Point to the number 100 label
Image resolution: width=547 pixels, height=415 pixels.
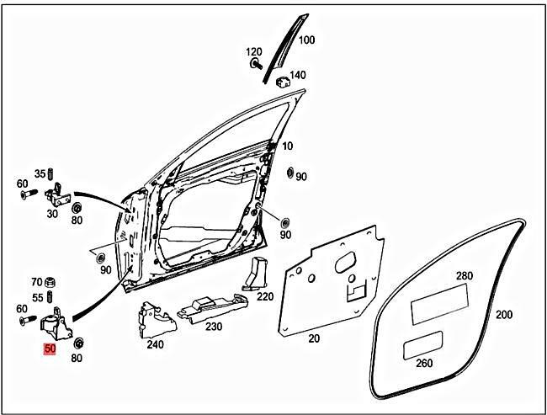(306, 40)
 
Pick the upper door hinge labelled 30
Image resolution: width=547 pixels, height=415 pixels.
(56, 198)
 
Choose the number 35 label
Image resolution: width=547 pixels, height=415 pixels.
(39, 174)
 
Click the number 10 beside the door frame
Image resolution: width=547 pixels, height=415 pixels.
(288, 146)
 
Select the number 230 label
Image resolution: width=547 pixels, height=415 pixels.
(214, 327)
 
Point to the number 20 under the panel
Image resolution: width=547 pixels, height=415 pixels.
(314, 338)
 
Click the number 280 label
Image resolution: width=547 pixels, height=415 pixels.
(465, 276)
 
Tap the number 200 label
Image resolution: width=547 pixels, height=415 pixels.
(503, 315)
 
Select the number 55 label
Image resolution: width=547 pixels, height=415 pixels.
(39, 298)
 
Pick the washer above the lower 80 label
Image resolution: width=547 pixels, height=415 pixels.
(77, 343)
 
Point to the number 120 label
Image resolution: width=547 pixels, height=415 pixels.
(254, 52)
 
